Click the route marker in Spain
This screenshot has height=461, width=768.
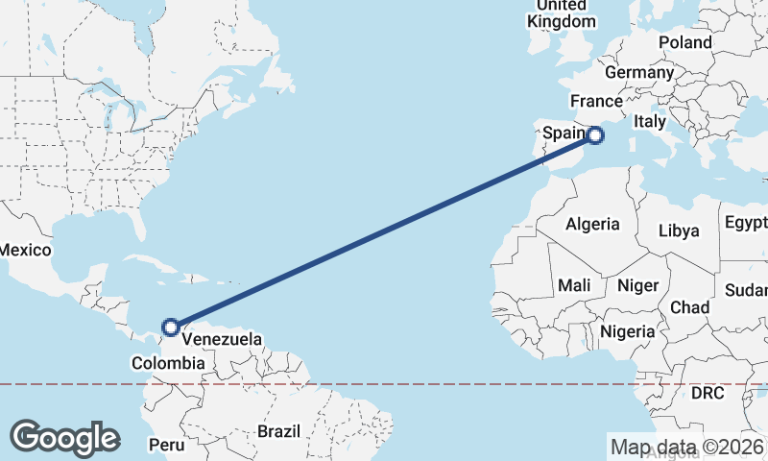(595, 135)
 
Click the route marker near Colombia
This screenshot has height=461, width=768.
(171, 328)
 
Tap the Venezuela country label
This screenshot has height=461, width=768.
(222, 340)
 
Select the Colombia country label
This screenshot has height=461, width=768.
(168, 363)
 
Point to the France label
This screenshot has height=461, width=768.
(596, 101)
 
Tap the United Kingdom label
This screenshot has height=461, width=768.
(562, 13)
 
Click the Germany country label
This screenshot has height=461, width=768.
(639, 73)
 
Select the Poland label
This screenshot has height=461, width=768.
(684, 43)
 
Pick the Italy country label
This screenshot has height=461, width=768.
(649, 122)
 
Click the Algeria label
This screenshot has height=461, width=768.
(592, 225)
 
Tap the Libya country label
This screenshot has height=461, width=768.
(679, 230)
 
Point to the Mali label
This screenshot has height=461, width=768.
(574, 285)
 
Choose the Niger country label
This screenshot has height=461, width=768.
(637, 285)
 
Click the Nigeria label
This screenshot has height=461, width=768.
(627, 331)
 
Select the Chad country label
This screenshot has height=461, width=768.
(689, 307)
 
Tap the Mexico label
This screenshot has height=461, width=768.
(24, 250)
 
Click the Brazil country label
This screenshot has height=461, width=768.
(278, 431)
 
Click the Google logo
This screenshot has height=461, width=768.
(64, 438)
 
